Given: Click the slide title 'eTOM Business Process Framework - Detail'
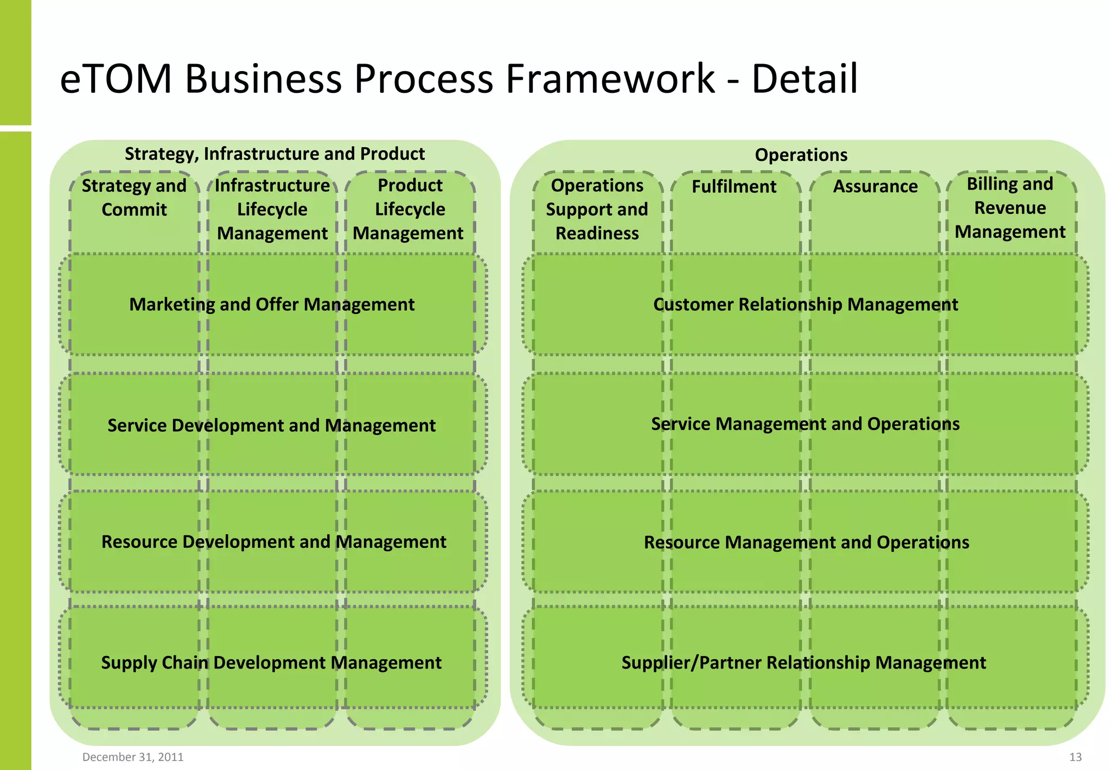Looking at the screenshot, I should pos(458,79).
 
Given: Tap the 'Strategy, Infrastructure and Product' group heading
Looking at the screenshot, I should pos(274,154).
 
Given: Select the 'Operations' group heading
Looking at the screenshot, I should pos(801,155).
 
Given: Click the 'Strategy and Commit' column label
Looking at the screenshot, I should pos(134,198).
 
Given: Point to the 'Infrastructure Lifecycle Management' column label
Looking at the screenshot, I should pos(272,209).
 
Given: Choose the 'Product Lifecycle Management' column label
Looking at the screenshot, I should pos(410,209).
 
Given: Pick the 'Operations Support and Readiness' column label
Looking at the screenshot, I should pos(597,209).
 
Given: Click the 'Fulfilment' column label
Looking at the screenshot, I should pos(734,186).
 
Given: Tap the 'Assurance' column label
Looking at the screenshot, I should pos(875,186).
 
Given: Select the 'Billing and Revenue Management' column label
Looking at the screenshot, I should pos(1010,208).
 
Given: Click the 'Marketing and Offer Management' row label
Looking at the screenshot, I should pos(272,305).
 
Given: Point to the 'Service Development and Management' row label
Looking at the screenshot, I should pos(271,425).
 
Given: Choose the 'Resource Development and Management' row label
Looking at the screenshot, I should pos(274,542).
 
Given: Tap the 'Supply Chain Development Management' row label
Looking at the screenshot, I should pos(271,662).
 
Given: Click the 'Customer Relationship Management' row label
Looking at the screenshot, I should pos(806,305).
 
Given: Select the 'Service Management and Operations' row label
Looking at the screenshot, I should pos(805,424).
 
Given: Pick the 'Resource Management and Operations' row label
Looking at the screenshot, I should pos(806,542).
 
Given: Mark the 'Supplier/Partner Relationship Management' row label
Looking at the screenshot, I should pos(803,662).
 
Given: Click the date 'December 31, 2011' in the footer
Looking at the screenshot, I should pos(133,757).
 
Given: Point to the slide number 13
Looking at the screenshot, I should pos(1075,757).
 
